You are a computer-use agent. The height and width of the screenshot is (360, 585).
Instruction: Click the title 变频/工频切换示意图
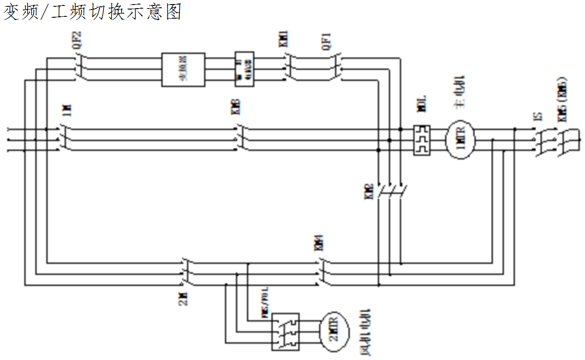pyautogui.click(x=93, y=12)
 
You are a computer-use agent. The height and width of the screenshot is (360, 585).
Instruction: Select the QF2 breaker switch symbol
pyautogui.click(x=80, y=68)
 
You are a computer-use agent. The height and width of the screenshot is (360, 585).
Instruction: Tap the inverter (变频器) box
pyautogui.click(x=183, y=69)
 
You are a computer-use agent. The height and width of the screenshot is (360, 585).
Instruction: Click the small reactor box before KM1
pyautogui.click(x=244, y=69)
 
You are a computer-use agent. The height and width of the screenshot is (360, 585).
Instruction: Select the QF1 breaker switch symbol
pyautogui.click(x=337, y=68)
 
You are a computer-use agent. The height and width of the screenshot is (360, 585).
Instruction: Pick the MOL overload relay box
pyautogui.click(x=422, y=140)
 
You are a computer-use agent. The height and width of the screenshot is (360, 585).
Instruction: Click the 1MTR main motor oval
pyautogui.click(x=459, y=140)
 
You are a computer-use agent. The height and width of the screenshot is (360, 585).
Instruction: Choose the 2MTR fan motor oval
pyautogui.click(x=334, y=330)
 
